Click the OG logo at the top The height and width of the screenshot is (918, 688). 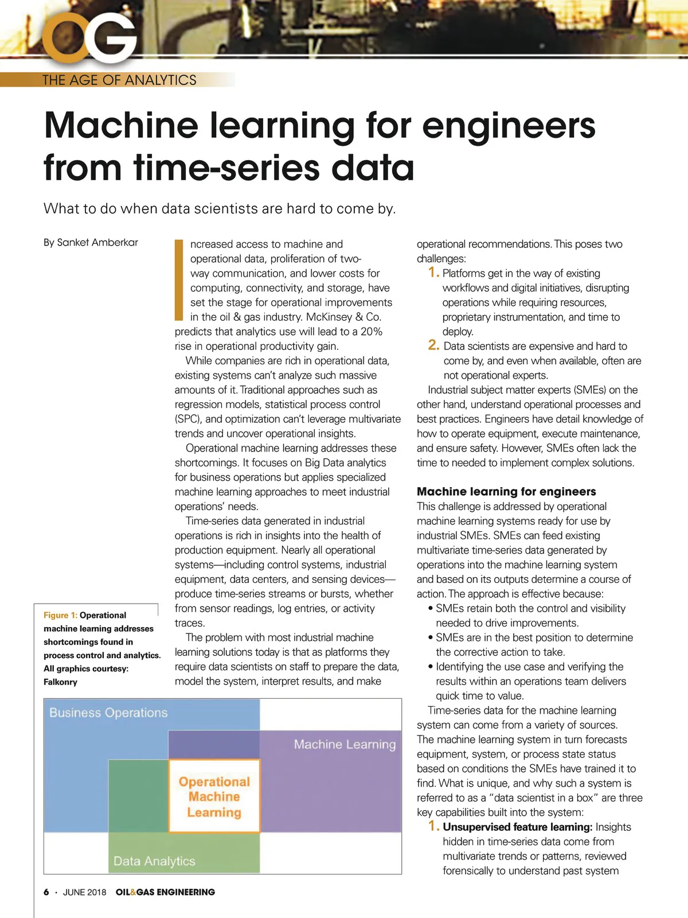92,37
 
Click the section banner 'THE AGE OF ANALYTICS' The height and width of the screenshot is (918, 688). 119,80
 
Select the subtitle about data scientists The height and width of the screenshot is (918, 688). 220,208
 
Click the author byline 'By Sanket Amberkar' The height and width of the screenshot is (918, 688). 91,242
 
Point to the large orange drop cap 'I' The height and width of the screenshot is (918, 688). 179,279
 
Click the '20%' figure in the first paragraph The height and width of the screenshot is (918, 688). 371,332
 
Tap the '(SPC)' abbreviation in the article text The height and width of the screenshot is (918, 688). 189,419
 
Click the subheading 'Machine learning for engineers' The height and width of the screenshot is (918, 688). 506,491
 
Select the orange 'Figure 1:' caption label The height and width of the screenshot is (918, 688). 60,615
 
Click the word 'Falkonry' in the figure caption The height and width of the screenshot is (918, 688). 60,682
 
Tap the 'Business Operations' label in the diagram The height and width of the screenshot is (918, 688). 108,713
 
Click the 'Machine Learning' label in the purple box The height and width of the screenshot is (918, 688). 345,744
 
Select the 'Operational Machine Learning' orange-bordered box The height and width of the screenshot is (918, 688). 214,796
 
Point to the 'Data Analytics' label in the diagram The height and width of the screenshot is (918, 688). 154,861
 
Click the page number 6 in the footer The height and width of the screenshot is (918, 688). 46,892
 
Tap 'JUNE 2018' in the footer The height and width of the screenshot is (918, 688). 84,892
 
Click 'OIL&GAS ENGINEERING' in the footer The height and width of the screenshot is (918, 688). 165,892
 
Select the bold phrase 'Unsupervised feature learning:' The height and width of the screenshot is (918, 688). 517,827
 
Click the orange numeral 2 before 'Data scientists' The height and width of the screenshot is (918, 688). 433,345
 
